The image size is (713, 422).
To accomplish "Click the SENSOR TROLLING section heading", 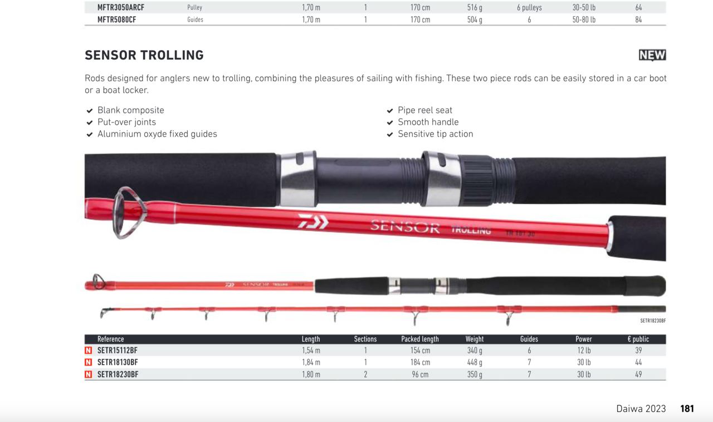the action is (x=144, y=55).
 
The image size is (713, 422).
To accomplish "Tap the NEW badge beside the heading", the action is (x=652, y=55).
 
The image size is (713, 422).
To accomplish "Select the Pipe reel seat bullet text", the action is (x=425, y=110).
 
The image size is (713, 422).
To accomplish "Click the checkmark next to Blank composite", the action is (x=90, y=110).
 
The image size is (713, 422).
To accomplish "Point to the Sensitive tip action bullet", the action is (x=436, y=134).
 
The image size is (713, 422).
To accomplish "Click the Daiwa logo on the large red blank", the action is (x=313, y=221).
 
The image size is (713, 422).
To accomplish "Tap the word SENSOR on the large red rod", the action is (x=405, y=226).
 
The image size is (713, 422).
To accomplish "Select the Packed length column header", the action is (x=420, y=339).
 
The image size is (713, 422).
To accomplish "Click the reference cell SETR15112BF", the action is (x=118, y=350).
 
